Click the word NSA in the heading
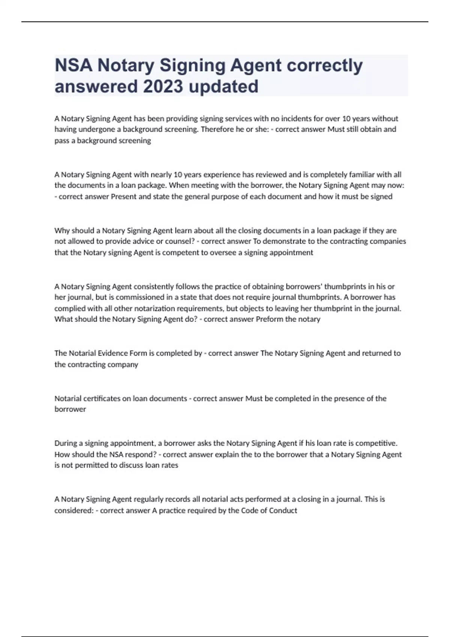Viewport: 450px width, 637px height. click(73, 66)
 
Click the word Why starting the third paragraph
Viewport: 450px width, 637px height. click(62, 230)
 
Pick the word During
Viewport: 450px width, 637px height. click(66, 443)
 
